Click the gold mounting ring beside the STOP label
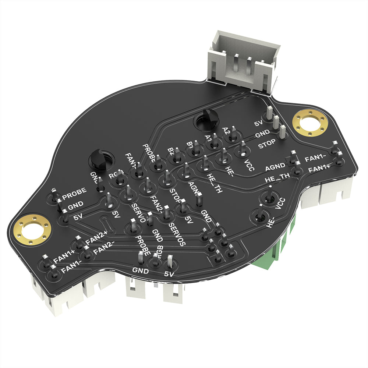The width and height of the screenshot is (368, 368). [x=311, y=123]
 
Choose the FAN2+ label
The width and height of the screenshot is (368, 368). [x=97, y=240]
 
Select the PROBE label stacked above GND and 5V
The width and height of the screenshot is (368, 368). [x=75, y=191]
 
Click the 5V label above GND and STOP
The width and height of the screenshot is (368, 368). [x=259, y=124]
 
